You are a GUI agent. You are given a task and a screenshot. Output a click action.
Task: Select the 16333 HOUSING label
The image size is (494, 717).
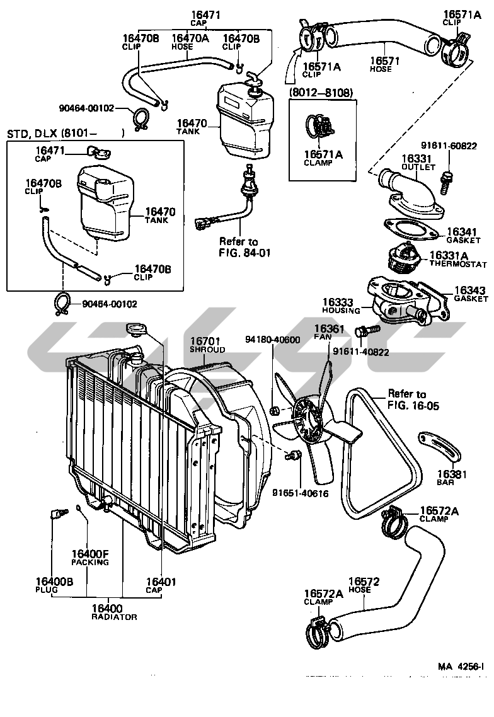[x=341, y=306]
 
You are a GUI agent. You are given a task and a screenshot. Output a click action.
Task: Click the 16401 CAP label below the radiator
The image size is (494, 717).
[x=161, y=585]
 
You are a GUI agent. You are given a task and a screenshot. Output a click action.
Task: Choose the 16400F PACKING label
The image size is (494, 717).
[x=90, y=558]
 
